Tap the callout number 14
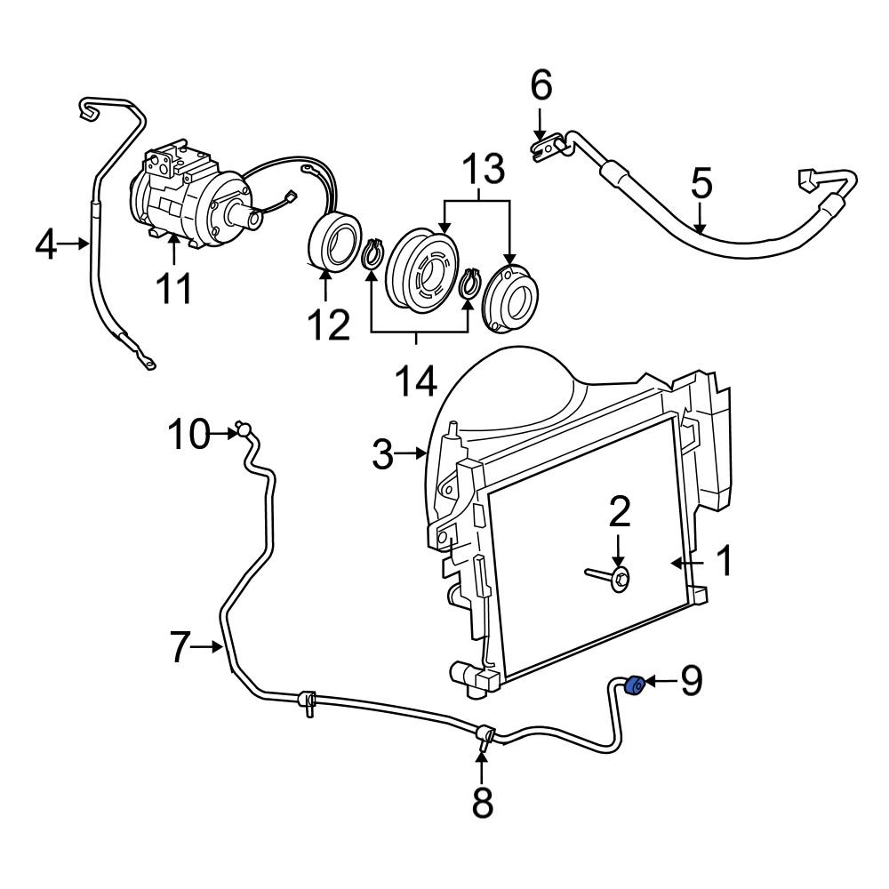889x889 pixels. (414, 381)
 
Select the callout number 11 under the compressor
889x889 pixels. (174, 289)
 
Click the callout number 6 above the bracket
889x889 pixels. (541, 86)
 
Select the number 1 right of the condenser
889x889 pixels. (725, 562)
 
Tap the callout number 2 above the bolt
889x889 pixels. (619, 513)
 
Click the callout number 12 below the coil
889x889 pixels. (329, 325)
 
